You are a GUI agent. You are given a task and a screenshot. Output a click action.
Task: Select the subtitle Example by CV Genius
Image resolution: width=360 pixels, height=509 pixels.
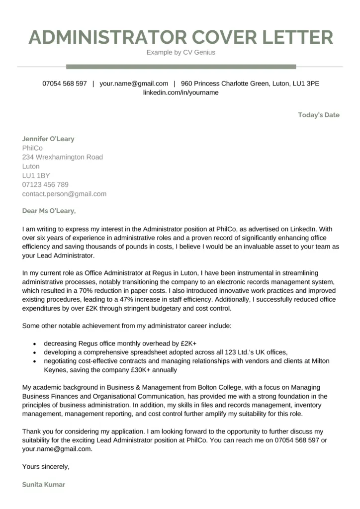coord(180,52)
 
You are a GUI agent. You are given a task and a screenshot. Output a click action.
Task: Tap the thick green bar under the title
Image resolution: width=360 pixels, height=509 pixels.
coord(180,67)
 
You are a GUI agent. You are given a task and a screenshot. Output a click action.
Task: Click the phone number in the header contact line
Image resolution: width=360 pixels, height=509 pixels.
coord(65,84)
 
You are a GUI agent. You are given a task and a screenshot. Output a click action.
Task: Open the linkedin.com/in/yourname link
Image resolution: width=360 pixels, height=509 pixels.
coord(180,92)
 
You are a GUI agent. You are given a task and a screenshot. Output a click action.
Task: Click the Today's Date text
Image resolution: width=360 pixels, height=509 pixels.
coord(319,115)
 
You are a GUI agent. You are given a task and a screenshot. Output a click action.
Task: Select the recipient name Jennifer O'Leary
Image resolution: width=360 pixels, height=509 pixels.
coord(48,139)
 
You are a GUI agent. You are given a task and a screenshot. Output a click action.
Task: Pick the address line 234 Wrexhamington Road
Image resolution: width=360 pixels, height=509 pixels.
coord(63,157)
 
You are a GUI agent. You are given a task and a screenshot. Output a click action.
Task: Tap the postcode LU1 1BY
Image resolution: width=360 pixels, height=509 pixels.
coord(36,175)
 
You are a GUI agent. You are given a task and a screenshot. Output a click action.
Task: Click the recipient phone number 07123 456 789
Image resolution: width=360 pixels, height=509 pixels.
coord(45,184)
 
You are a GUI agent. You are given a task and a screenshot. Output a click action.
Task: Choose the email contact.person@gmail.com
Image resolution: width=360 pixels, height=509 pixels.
coord(64,194)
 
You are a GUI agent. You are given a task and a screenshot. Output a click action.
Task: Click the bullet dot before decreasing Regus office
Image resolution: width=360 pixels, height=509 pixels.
coord(34,343)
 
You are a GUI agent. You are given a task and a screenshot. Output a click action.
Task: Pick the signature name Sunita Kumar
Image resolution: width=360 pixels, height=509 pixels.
coord(43,484)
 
